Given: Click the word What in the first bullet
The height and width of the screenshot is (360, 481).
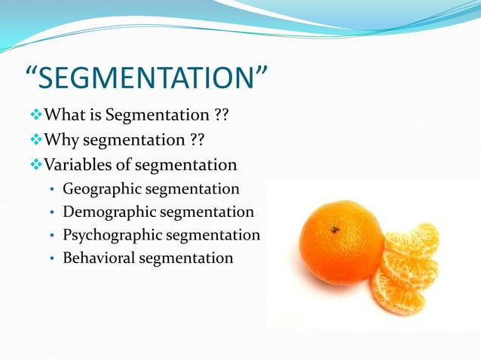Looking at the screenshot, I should coord(63,116).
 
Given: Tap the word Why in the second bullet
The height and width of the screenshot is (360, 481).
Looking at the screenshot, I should coord(62,141).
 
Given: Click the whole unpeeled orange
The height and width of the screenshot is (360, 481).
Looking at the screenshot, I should coord(340,242).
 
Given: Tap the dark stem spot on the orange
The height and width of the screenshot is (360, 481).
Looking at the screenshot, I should coord(333,230).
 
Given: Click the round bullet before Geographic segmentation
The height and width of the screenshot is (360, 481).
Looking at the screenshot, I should coord(51,190).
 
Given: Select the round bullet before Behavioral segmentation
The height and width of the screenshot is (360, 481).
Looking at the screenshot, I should coord(51,258).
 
